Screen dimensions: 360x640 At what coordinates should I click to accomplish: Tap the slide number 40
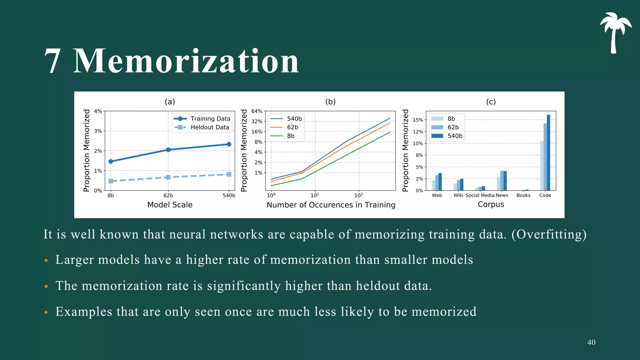pyautogui.click(x=591, y=342)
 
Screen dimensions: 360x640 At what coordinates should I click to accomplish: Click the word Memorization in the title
pyautogui.click(x=186, y=61)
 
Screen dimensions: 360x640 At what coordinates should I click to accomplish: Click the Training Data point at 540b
pyautogui.click(x=229, y=144)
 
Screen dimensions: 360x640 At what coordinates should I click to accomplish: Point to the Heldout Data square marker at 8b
pyautogui.click(x=111, y=181)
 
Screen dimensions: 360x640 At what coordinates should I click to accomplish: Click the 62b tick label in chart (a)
pyautogui.click(x=168, y=196)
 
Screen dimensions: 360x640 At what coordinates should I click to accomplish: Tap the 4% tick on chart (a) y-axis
pyautogui.click(x=98, y=111)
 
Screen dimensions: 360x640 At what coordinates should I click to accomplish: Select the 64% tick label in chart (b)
pyautogui.click(x=257, y=111)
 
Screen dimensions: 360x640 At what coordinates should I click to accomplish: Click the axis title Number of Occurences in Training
pyautogui.click(x=331, y=205)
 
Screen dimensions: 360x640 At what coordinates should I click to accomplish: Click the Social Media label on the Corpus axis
pyautogui.click(x=480, y=195)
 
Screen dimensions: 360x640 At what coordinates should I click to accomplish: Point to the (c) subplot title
pyautogui.click(x=491, y=102)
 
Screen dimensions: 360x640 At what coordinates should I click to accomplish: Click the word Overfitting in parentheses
pyautogui.click(x=549, y=234)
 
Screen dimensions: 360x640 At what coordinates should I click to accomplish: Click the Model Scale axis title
pyautogui.click(x=170, y=205)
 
